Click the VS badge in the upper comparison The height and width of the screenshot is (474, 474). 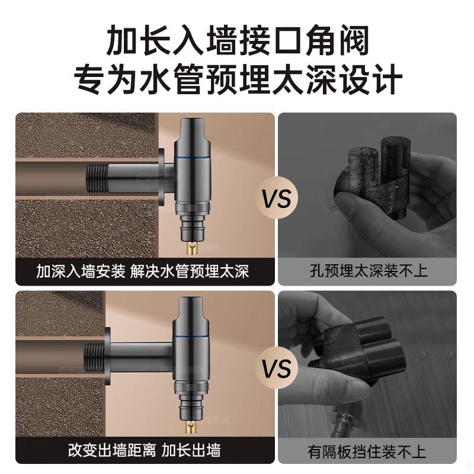(x=277, y=198)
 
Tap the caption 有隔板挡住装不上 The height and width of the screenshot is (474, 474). (x=368, y=451)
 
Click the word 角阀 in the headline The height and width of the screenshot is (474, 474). (x=345, y=42)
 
